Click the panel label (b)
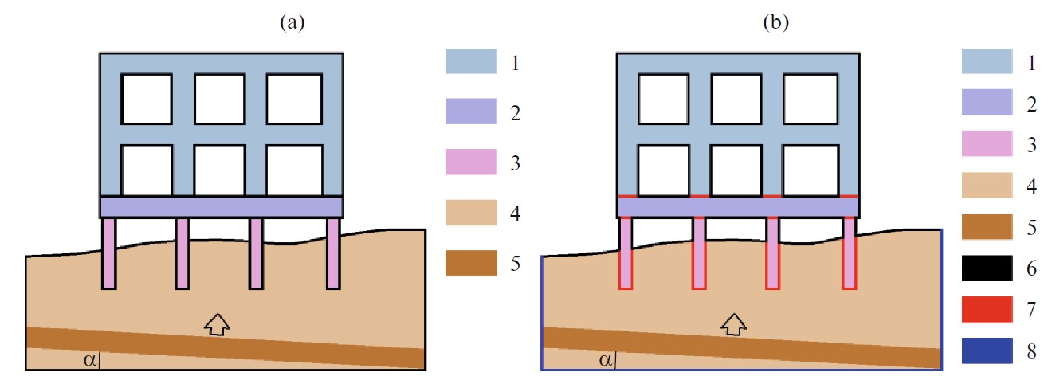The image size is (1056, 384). (x=775, y=23)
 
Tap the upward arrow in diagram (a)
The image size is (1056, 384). (x=217, y=323)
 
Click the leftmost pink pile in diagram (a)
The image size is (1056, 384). (x=109, y=253)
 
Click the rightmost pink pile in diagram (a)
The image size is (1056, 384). (x=333, y=253)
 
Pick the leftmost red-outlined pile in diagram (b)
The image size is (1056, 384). (x=626, y=253)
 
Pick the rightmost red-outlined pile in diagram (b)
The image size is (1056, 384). (x=850, y=253)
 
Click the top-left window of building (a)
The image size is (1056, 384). (x=146, y=99)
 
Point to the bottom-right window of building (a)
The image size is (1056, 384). (x=293, y=169)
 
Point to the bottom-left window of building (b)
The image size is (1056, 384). (x=662, y=169)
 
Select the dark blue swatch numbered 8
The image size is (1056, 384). (x=987, y=351)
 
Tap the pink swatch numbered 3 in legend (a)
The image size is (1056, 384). (x=470, y=163)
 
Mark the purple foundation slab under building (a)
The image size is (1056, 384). (x=221, y=207)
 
